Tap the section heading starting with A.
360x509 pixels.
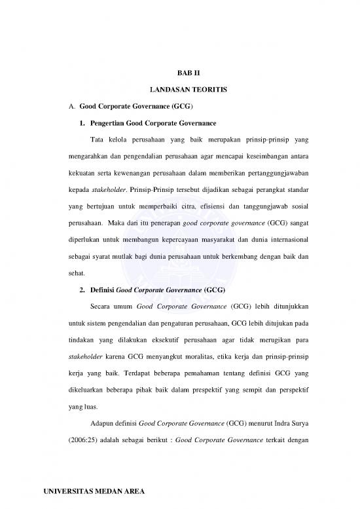[x=122, y=105]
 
